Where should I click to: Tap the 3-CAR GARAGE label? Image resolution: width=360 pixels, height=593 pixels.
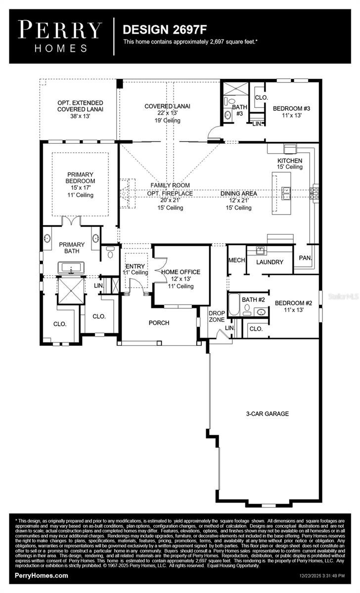click(x=267, y=414)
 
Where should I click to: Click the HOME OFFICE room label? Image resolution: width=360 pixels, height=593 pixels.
click(x=180, y=272)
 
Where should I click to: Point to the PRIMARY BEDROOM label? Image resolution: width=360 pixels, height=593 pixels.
click(x=81, y=181)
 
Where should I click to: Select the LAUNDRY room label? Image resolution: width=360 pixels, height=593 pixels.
click(x=270, y=262)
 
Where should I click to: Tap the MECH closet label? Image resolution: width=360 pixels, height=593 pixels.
click(x=236, y=260)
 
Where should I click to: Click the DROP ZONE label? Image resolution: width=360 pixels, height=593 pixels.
click(x=217, y=317)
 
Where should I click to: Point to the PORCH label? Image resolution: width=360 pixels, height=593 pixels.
click(x=159, y=323)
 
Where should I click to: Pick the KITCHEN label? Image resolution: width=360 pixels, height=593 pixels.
click(x=289, y=161)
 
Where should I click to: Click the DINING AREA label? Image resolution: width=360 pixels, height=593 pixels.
click(x=238, y=193)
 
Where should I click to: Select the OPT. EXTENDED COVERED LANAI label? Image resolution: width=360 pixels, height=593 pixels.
click(x=80, y=106)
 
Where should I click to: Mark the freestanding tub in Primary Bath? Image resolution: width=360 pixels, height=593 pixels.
click(x=72, y=269)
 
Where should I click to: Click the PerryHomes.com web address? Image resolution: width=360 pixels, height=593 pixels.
click(x=42, y=576)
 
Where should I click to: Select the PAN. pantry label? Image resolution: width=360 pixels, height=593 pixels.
click(x=305, y=258)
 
